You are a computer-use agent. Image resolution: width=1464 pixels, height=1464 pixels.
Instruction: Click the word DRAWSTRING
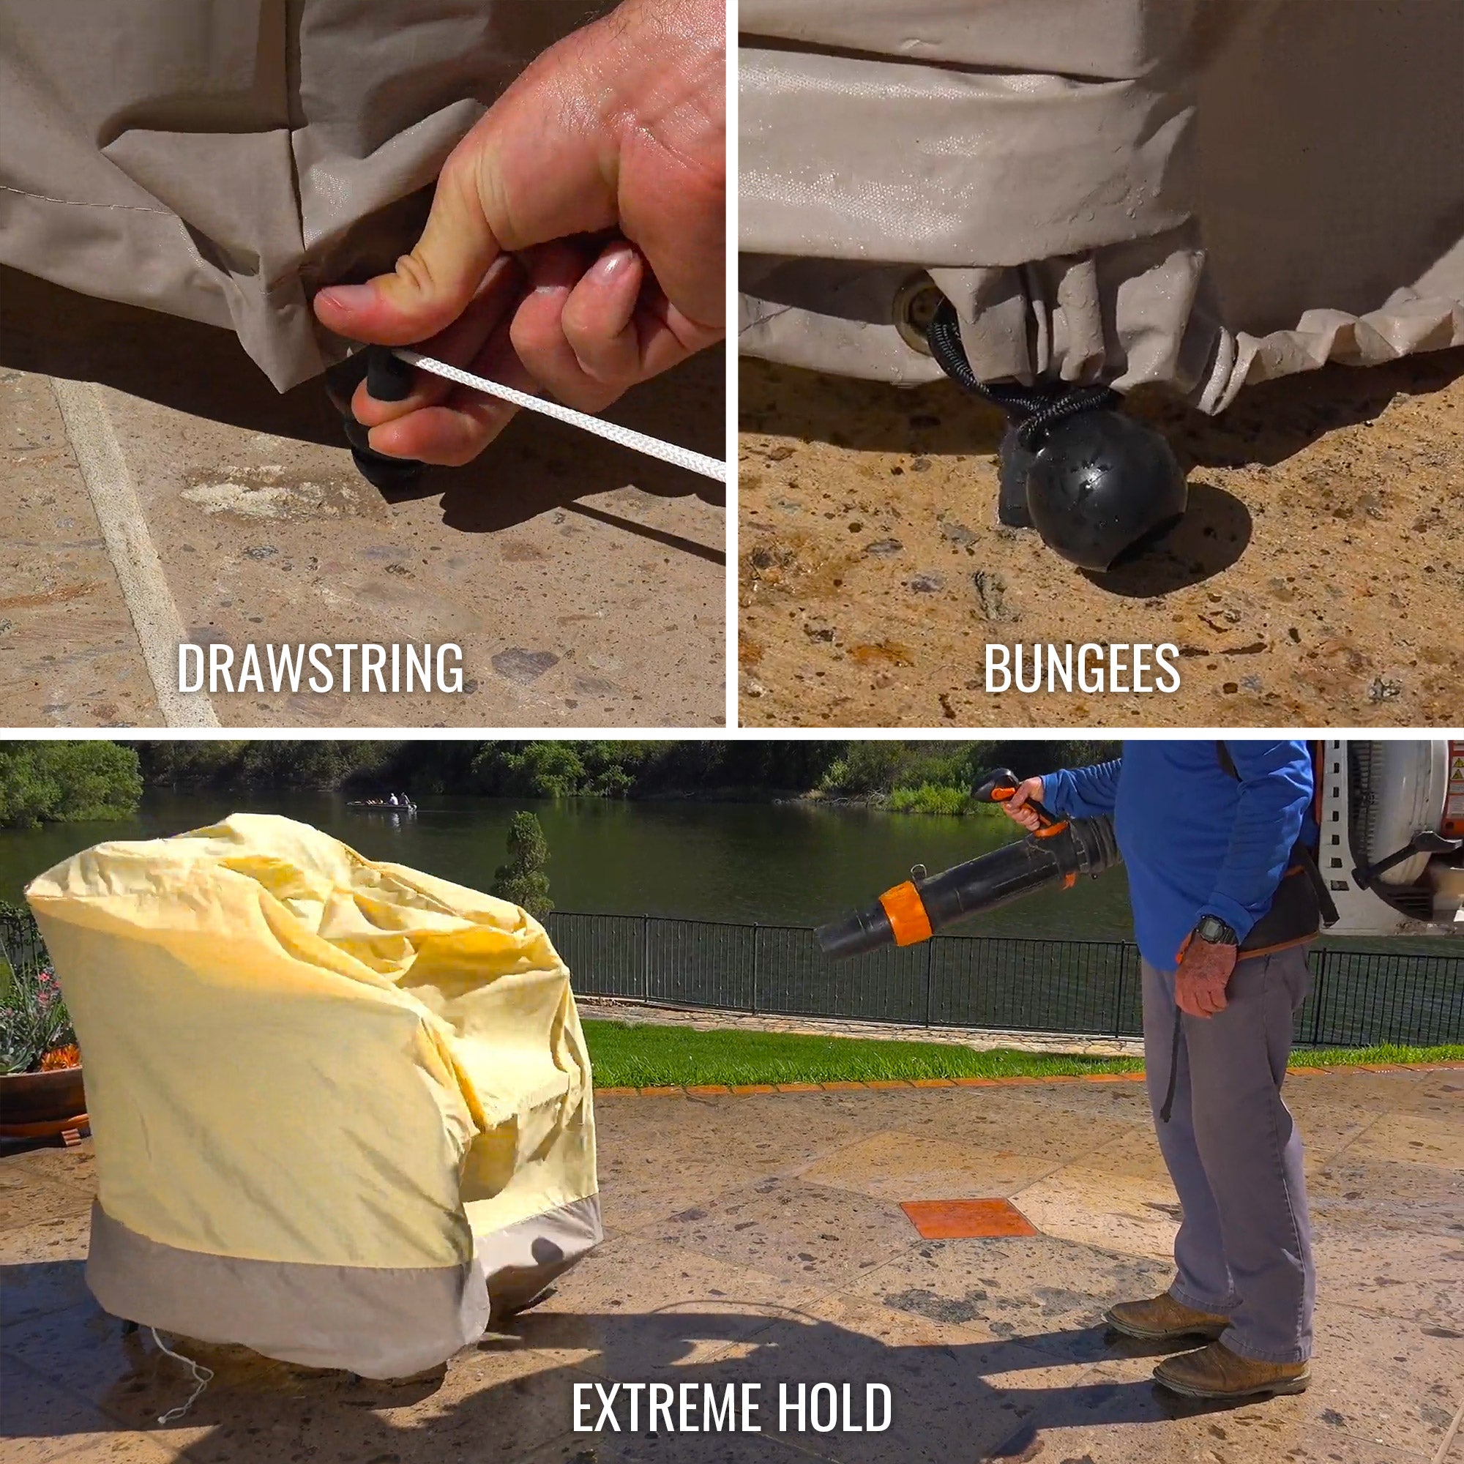[x=321, y=668]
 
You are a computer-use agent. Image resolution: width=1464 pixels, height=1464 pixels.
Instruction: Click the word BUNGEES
[x=1081, y=668]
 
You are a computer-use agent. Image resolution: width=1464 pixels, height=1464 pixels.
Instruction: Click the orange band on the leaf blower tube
[x=905, y=913]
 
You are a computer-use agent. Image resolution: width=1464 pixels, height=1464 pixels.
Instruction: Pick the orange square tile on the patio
[x=968, y=1219]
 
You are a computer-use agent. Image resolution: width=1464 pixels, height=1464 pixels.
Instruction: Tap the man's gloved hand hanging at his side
[x=1205, y=977]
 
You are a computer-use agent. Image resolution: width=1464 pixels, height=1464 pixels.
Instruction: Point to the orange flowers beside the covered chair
[x=59, y=1056]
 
